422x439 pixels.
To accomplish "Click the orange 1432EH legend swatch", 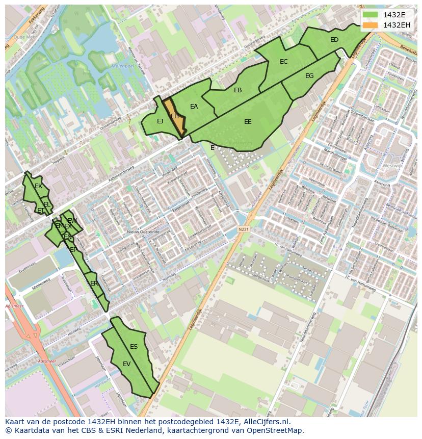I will click(x=371, y=25).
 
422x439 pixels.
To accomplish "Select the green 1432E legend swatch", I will click(x=371, y=15).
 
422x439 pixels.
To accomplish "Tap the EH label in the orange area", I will click(x=174, y=116).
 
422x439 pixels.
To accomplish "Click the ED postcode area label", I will click(x=334, y=40).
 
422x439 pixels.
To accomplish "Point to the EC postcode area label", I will click(x=284, y=62).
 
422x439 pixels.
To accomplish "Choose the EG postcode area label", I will click(x=309, y=76).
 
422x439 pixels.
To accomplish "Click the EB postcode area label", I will click(x=238, y=90).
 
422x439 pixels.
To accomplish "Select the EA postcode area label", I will click(x=194, y=107).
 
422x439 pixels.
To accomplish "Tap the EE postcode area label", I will click(x=248, y=122).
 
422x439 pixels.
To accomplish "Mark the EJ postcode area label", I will click(x=160, y=121).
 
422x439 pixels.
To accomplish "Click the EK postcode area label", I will click(x=38, y=186).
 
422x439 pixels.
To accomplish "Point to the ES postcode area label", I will click(x=134, y=347).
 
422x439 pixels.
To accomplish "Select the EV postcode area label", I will click(x=127, y=364).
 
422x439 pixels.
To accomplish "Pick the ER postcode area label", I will click(x=94, y=283).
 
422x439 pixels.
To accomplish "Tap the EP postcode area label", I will click(x=73, y=250).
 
